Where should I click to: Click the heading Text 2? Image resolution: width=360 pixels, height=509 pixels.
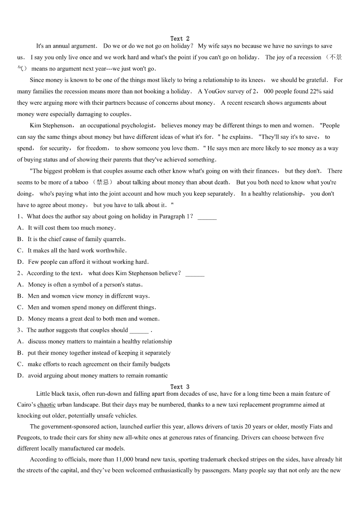pos(180,39)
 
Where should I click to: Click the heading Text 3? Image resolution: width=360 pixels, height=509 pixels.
pos(180,387)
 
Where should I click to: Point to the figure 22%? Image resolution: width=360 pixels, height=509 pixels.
pos(316,92)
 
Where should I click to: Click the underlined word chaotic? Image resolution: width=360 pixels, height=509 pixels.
pos(47,404)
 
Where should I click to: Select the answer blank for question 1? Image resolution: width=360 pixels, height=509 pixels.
pos(207,217)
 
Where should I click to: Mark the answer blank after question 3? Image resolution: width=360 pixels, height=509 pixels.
pos(139,330)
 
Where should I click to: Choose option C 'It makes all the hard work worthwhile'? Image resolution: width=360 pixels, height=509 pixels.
pos(77,251)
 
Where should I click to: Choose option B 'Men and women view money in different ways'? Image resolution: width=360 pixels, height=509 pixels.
pos(88,296)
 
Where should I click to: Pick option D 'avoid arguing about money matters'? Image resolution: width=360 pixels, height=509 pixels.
pos(97,376)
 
